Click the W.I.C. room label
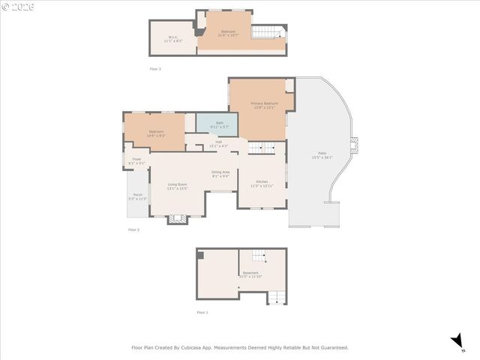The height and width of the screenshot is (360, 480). pyautogui.click(x=172, y=38)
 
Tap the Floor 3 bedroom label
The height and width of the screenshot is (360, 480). pyautogui.click(x=228, y=33)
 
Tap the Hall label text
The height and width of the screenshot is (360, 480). pyautogui.click(x=218, y=143)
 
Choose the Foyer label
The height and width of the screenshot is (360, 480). pyautogui.click(x=136, y=160)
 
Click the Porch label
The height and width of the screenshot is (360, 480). pyautogui.click(x=138, y=196)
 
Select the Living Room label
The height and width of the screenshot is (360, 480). pyautogui.click(x=177, y=186)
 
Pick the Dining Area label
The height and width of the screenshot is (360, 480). pyautogui.click(x=220, y=174)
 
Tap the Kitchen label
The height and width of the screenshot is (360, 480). pyautogui.click(x=262, y=183)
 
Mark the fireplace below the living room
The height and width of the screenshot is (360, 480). pyautogui.click(x=177, y=219)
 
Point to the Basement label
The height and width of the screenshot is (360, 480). pyautogui.click(x=250, y=274)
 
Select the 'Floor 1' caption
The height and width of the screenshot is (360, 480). pyautogui.click(x=202, y=313)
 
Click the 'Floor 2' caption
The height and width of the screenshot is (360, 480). pyautogui.click(x=133, y=229)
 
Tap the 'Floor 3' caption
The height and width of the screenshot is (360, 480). pyautogui.click(x=154, y=69)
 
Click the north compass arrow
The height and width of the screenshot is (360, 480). pyautogui.click(x=457, y=341)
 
